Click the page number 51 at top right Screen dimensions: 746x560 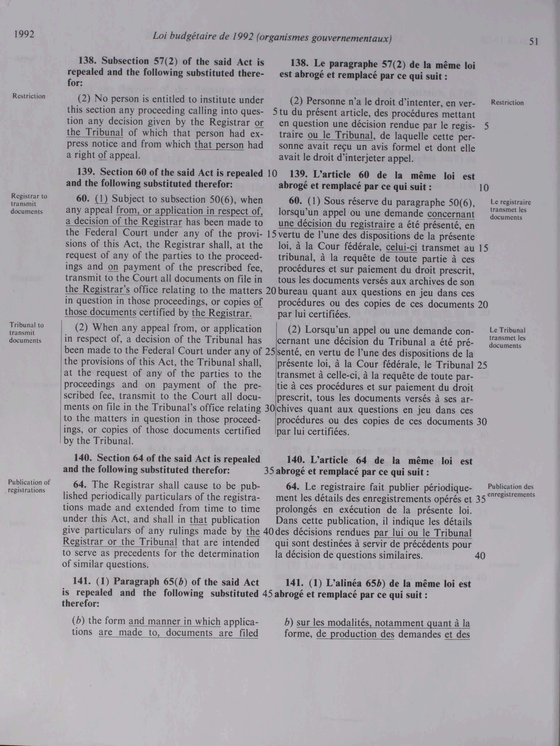tap(534, 41)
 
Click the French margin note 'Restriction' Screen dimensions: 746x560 tap(507, 103)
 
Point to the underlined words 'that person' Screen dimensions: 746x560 tap(219, 144)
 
